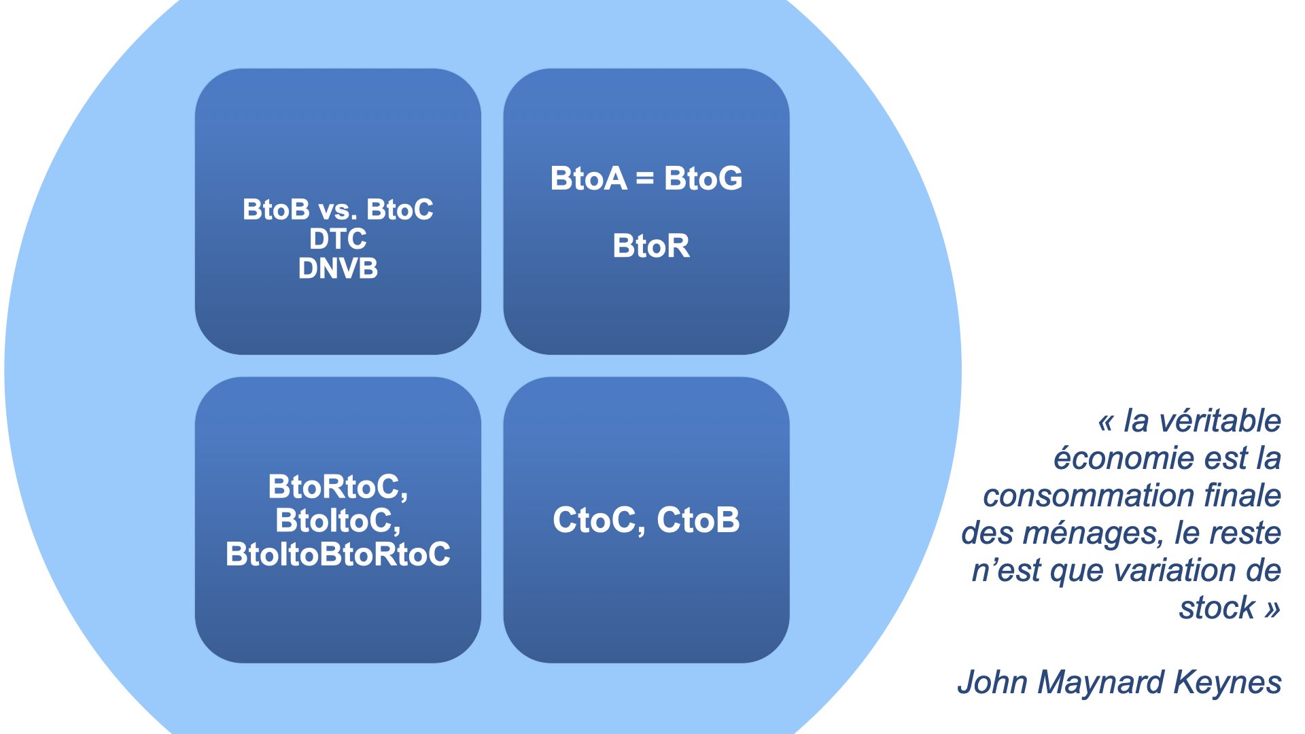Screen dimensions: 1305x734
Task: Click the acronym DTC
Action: pos(338,239)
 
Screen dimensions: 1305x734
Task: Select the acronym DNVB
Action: pos(338,269)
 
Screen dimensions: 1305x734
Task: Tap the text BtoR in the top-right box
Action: pos(651,246)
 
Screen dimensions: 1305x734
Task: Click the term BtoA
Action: pos(589,179)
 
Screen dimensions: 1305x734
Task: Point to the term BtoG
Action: pos(703,179)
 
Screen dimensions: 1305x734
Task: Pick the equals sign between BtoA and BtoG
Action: pos(645,179)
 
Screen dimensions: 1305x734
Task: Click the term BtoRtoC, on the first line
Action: pos(338,487)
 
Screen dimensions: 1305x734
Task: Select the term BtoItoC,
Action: pos(338,521)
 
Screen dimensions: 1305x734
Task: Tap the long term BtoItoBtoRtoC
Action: pos(338,555)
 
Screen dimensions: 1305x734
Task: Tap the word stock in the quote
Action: pos(1217,608)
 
